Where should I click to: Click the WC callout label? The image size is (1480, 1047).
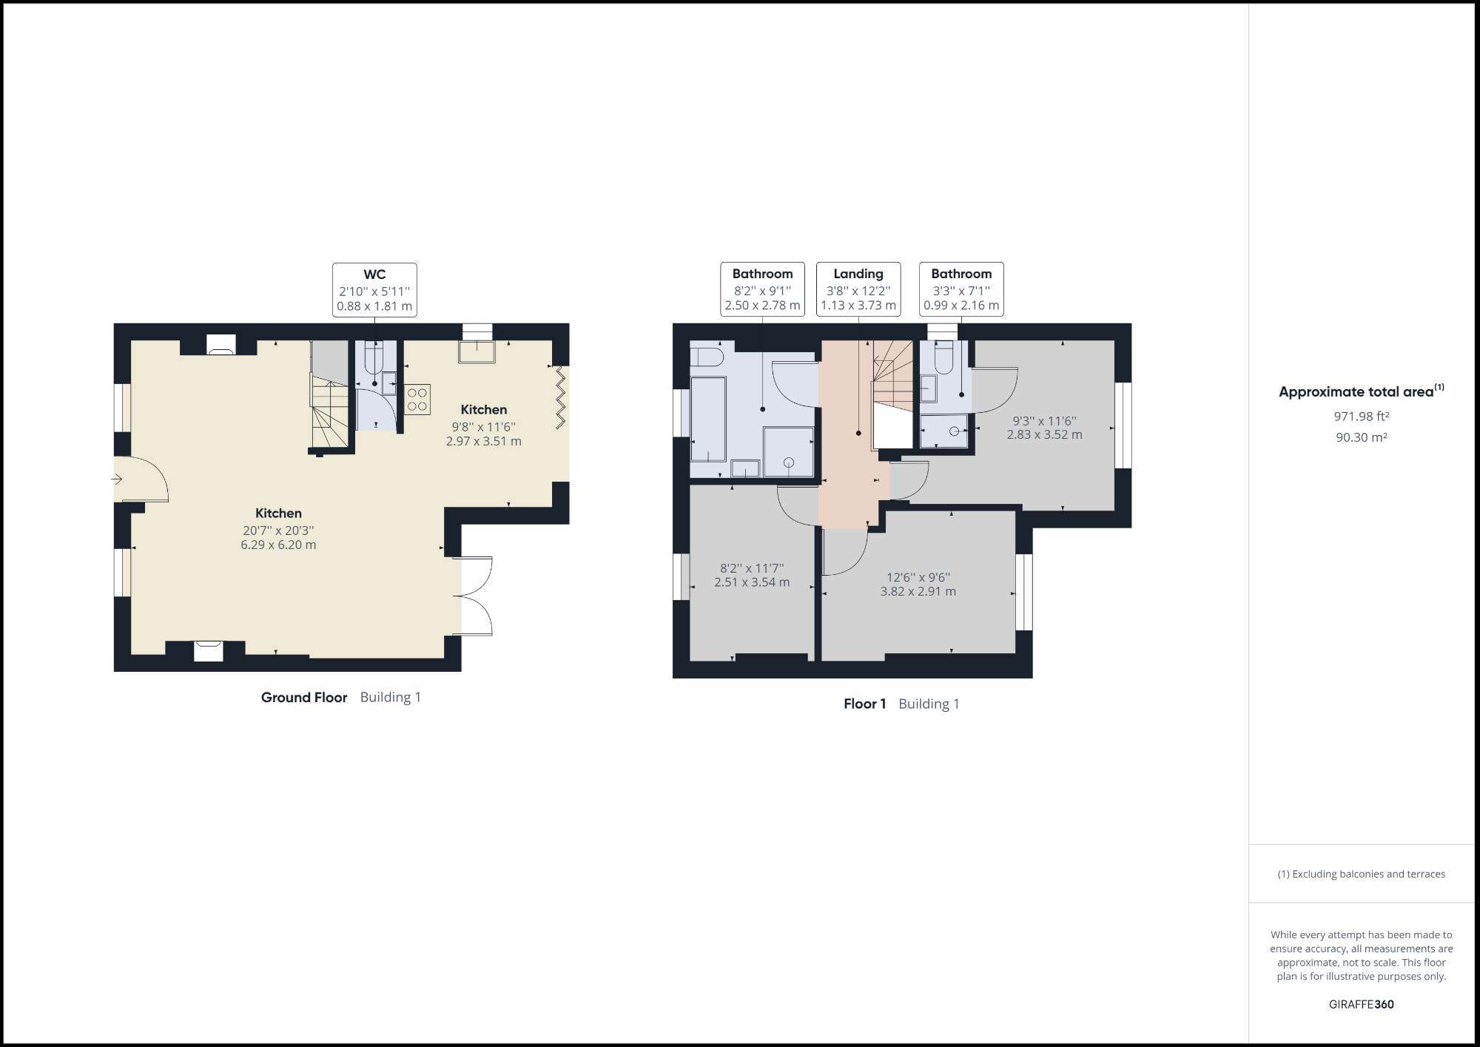tap(374, 289)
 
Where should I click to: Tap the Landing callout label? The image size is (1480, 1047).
tap(858, 289)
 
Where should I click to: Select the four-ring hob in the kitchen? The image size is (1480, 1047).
tap(417, 400)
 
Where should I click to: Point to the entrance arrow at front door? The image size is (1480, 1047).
tap(117, 479)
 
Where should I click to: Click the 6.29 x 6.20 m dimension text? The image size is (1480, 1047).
tap(278, 545)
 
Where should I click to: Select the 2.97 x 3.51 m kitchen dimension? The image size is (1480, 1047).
tap(483, 442)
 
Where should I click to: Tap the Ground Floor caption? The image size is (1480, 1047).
tap(303, 698)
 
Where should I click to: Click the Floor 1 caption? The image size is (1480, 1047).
tap(864, 704)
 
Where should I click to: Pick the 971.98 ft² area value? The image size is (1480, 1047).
tap(1361, 417)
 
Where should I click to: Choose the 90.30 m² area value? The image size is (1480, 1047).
tap(1361, 437)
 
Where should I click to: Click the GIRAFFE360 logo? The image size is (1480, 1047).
tap(1361, 1005)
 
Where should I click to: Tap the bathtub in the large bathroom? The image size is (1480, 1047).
tap(708, 419)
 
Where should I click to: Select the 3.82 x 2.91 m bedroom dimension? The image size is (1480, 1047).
tap(918, 592)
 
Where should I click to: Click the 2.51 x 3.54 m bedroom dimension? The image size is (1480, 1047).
tap(751, 582)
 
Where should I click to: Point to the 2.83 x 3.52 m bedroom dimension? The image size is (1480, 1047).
tap(1044, 435)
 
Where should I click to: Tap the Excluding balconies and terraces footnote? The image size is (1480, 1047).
tap(1361, 875)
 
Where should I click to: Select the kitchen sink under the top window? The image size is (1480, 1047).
tap(477, 352)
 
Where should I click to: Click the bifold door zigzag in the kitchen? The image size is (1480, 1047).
tap(561, 397)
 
